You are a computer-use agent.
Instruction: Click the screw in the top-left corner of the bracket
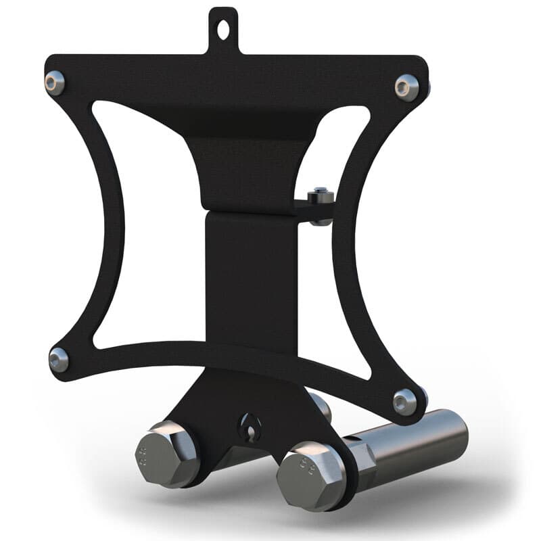tap(53, 83)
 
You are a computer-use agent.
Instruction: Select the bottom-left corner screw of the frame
tap(59, 358)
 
